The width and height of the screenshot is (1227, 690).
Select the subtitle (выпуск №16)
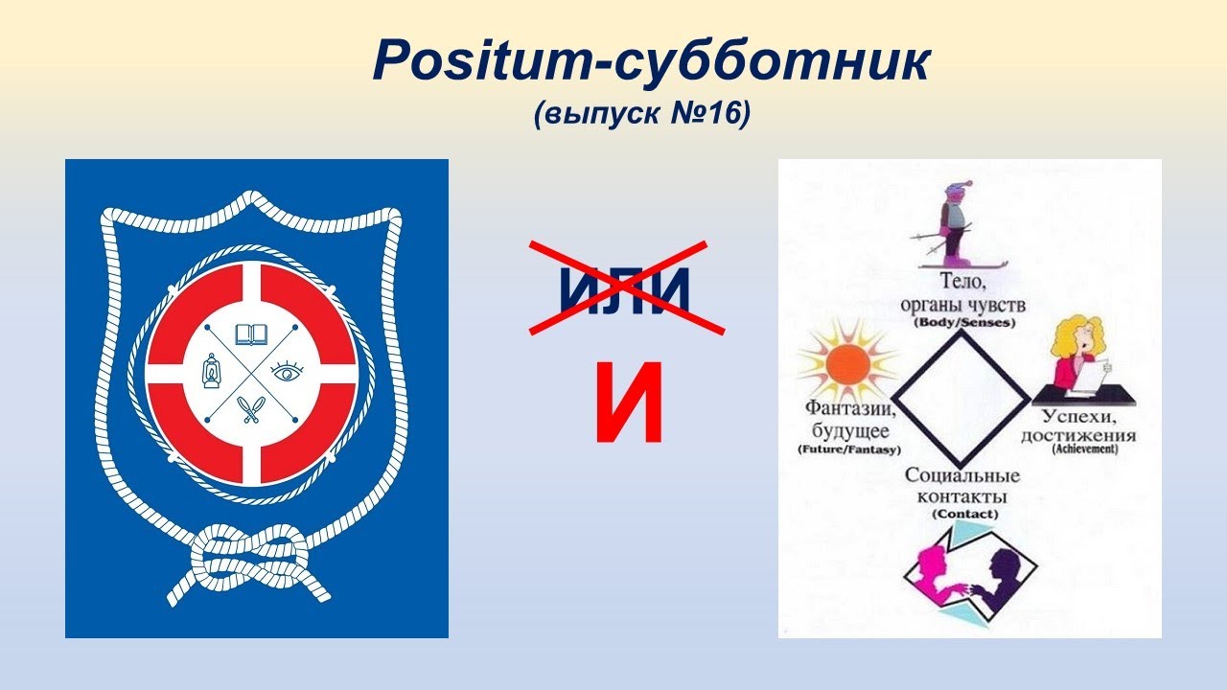coord(641,113)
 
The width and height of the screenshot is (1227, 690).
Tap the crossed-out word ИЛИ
coord(625,289)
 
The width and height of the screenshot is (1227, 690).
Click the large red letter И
coord(628,404)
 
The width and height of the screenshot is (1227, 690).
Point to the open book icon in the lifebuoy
coord(251,334)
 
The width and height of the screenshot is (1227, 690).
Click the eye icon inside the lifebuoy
coord(287,372)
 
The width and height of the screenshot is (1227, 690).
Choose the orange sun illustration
coord(847,364)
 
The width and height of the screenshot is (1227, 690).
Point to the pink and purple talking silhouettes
coord(968,575)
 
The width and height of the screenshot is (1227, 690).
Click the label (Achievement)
coord(1084,448)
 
